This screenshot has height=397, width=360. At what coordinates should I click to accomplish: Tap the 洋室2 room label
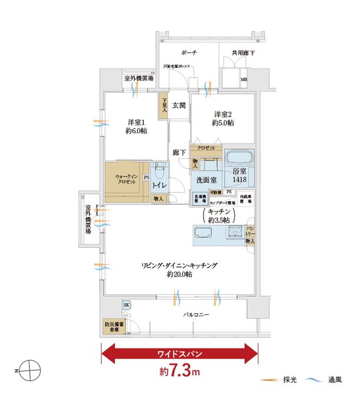coord(224,118)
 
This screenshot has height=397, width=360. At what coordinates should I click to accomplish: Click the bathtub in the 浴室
coord(239,159)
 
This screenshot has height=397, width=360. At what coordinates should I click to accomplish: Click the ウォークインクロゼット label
coord(127,181)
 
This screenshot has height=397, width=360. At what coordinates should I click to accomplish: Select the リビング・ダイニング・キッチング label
coord(179,270)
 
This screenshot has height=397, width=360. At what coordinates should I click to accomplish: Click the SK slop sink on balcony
coord(126,304)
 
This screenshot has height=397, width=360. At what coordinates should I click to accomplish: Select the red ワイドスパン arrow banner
coord(180,355)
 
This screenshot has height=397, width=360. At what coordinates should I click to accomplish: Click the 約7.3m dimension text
coord(180,373)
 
